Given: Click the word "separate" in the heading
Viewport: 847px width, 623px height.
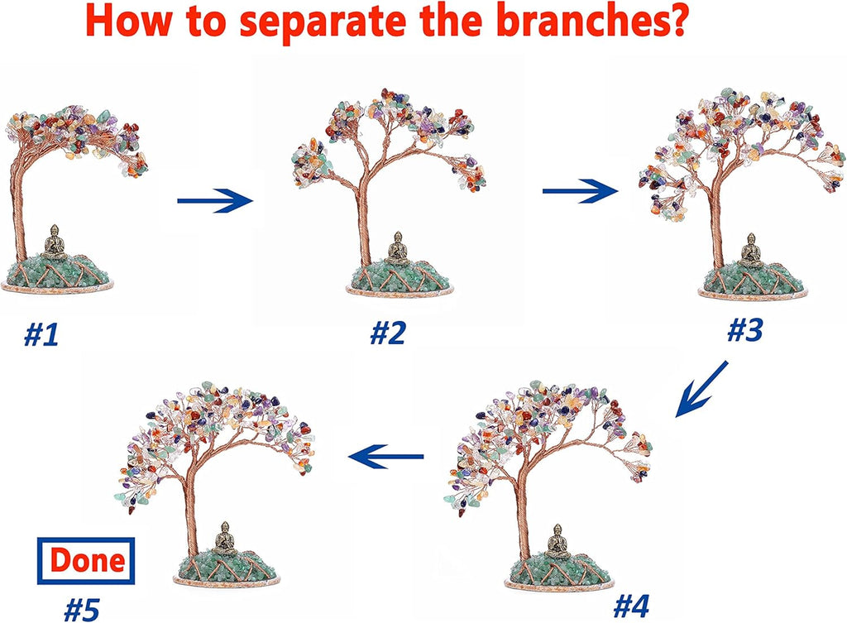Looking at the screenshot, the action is tap(323, 21).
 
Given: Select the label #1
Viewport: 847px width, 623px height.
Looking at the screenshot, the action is tap(41, 335).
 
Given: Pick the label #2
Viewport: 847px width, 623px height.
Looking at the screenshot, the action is tap(387, 333).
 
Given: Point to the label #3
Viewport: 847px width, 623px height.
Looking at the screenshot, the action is tap(745, 330).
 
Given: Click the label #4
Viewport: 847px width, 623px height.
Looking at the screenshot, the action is tap(631, 606).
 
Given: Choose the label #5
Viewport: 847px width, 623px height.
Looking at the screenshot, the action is tap(82, 611).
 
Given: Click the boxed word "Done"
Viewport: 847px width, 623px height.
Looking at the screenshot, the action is tap(86, 560).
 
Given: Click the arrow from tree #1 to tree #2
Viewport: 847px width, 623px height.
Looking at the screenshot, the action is tap(215, 200).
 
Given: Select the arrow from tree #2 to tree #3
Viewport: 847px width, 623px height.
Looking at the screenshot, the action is tap(580, 191).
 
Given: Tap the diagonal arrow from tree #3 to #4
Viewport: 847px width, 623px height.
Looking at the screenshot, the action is tap(701, 389).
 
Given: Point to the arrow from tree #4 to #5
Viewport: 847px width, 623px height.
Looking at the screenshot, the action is tap(385, 457).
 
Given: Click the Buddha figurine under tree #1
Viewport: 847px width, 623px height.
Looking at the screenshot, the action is tap(54, 242).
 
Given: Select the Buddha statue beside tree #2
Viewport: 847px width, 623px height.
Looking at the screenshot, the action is tap(398, 248).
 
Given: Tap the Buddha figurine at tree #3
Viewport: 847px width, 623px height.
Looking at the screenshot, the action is tap(751, 251).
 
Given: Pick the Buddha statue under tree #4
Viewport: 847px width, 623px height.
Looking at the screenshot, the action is tap(557, 541).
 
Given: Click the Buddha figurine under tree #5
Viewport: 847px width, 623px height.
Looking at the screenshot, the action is tap(223, 539).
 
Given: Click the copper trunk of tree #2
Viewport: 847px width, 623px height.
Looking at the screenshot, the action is tap(362, 222).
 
